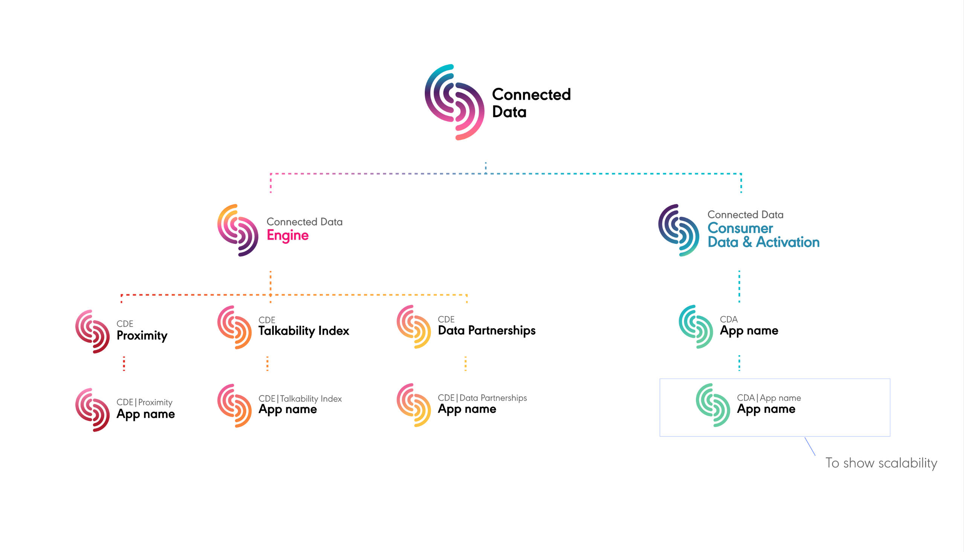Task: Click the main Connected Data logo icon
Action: pos(454,102)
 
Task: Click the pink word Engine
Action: pos(288,236)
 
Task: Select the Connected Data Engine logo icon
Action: pos(238,230)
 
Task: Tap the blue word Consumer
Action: pos(740,228)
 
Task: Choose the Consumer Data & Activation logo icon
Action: pos(679,230)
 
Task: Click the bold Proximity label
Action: pos(142,336)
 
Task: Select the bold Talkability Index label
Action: pos(304,331)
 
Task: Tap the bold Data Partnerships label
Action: pos(487,330)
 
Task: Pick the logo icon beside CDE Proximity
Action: pos(93,332)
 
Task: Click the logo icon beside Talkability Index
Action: pos(235,327)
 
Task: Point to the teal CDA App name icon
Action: pos(696,327)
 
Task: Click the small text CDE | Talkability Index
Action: pos(300,398)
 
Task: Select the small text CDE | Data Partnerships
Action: pos(482,398)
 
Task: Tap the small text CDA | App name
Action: pos(769,398)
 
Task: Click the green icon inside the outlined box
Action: pos(713,405)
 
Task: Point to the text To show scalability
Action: pos(881,463)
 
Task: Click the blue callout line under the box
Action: pos(810,446)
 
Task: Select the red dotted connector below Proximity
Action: pos(124,363)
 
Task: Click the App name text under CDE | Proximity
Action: pos(146,414)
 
